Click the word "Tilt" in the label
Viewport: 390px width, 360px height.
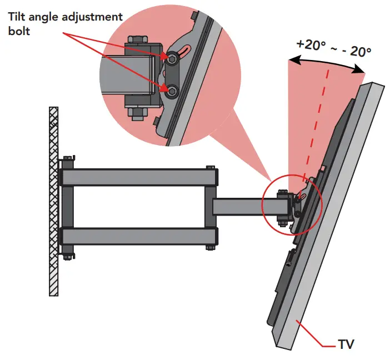[x=17, y=17]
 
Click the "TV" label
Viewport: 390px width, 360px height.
[x=346, y=344]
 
